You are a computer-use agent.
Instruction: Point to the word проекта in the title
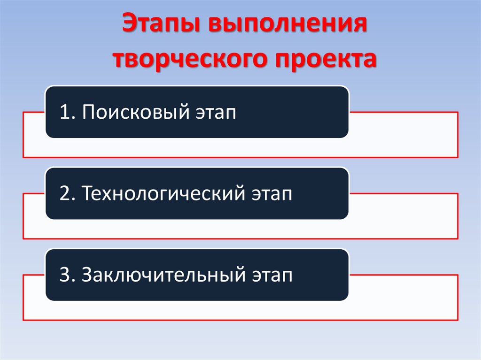322,60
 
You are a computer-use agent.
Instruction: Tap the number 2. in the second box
67,193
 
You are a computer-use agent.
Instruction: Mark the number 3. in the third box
67,275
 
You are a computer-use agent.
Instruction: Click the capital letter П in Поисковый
87,112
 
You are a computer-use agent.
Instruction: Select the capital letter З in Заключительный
87,275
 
